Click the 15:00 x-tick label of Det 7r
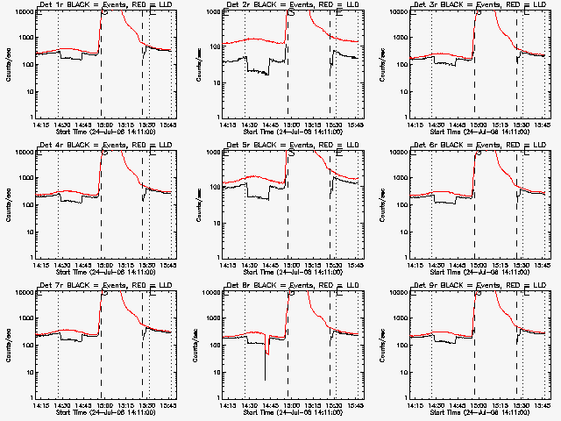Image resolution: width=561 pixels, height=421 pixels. click(x=103, y=405)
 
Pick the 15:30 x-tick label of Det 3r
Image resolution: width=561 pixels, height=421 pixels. click(x=520, y=125)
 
